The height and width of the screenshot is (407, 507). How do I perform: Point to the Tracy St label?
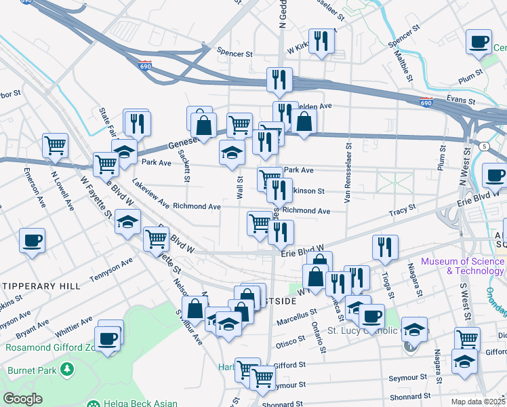point(402,212)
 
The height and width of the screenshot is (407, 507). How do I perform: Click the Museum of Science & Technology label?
point(462,266)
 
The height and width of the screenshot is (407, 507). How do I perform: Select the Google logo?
point(22,399)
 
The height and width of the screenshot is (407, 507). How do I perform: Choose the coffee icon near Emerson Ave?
point(33,239)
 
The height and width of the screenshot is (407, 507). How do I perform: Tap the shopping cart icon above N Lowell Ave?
point(55,144)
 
